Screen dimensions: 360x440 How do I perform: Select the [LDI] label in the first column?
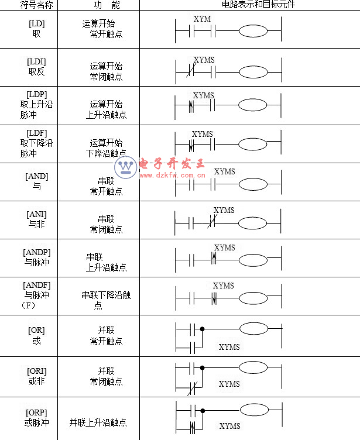click(36, 62)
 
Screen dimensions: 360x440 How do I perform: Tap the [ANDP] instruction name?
click(37, 252)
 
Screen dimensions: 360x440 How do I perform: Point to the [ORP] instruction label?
click(36, 412)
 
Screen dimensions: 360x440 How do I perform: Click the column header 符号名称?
click(36, 5)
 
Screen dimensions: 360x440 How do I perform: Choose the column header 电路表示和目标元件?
click(258, 5)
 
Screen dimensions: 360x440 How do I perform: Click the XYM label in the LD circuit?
click(202, 19)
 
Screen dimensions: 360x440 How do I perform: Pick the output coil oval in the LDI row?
click(253, 72)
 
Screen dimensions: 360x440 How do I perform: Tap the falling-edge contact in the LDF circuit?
click(191, 145)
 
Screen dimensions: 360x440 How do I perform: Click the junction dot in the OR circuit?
click(202, 329)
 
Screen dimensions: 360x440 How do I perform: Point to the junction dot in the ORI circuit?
click(202, 367)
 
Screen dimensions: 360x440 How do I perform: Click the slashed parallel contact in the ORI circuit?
click(192, 388)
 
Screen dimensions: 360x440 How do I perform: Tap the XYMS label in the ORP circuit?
click(229, 426)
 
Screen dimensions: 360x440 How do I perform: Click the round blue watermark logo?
click(125, 167)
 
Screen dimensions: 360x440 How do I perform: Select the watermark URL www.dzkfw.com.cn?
click(172, 176)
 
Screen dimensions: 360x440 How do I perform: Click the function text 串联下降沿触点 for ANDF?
click(106, 300)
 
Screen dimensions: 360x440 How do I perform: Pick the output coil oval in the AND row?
click(253, 184)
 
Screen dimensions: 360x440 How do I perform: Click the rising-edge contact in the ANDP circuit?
click(214, 259)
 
